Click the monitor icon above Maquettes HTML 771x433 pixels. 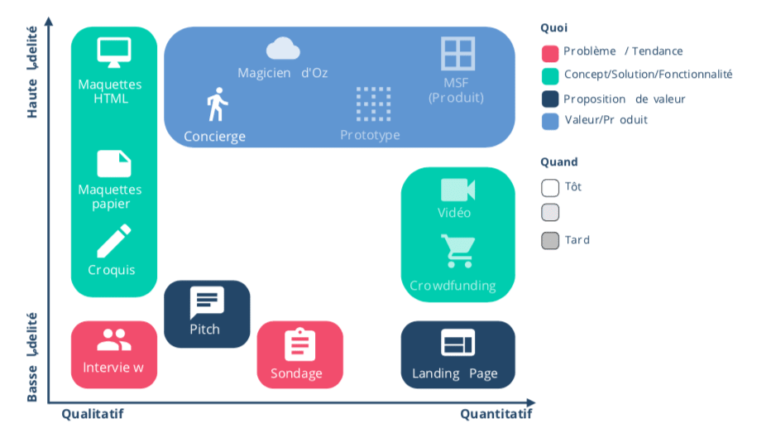pyautogui.click(x=114, y=52)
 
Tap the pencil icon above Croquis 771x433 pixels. pyautogui.click(x=113, y=241)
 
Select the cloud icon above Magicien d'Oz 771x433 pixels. pyautogui.click(x=283, y=48)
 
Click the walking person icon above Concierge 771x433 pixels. pyautogui.click(x=217, y=104)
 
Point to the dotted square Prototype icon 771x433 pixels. pyautogui.click(x=373, y=103)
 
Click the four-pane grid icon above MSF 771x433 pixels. pyautogui.click(x=457, y=53)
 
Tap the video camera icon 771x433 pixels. pyautogui.click(x=457, y=190)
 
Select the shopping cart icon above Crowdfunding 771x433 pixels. pyautogui.click(x=457, y=251)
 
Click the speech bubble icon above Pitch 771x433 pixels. pyautogui.click(x=206, y=301)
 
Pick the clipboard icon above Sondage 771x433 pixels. pyautogui.click(x=299, y=344)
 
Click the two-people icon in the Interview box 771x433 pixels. pyautogui.click(x=114, y=339)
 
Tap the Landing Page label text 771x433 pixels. pyautogui.click(x=455, y=373)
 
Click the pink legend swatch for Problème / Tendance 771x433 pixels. pyautogui.click(x=550, y=53)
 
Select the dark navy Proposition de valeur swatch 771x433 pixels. pyautogui.click(x=550, y=99)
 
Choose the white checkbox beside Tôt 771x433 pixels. pyautogui.click(x=550, y=187)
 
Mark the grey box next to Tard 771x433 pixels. pyautogui.click(x=550, y=241)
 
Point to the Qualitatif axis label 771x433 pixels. pyautogui.click(x=93, y=413)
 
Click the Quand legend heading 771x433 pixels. pyautogui.click(x=559, y=162)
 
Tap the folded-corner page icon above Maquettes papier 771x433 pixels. pyautogui.click(x=114, y=163)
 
